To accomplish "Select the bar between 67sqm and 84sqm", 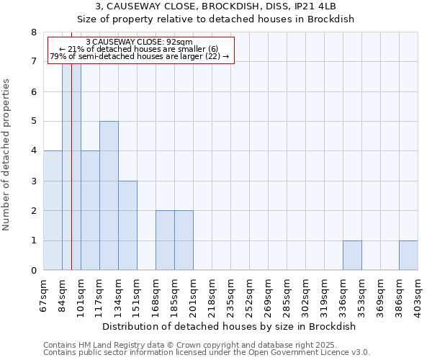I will click(x=53, y=210).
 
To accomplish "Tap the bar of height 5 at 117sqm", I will click(x=109, y=196).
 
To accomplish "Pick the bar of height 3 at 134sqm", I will click(x=127, y=225).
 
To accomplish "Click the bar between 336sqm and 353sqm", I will click(x=352, y=256).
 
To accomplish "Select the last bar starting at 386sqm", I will click(x=408, y=256).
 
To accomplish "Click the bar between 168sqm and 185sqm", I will click(x=165, y=240).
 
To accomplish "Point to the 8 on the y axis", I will click(x=33, y=32).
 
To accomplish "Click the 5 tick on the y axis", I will click(x=33, y=122).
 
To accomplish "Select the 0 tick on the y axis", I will click(x=33, y=271).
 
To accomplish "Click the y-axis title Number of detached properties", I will click(x=7, y=151).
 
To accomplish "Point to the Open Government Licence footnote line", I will click(x=207, y=353).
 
